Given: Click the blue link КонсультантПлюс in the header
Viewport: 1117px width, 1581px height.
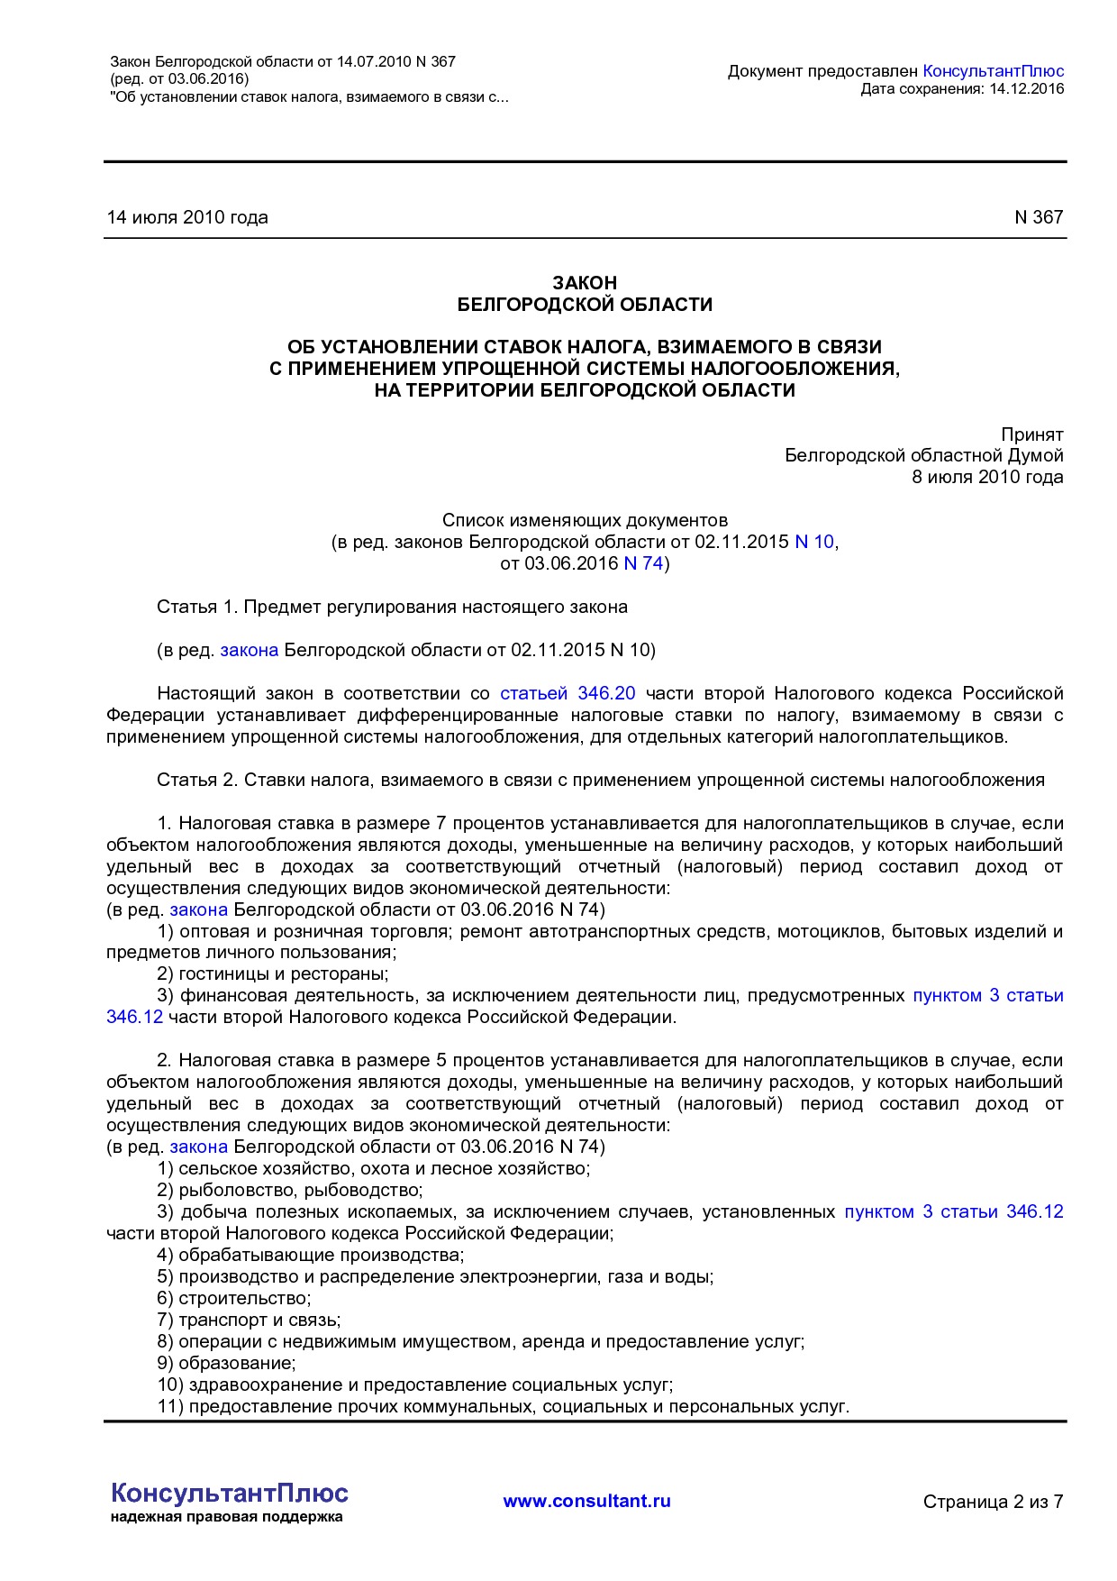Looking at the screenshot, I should point(994,71).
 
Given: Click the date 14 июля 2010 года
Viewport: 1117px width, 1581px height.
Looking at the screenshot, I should point(187,217).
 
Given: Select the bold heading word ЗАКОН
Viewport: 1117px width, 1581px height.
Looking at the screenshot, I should point(585,283).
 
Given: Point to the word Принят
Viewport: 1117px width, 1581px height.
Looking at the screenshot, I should point(1031,434).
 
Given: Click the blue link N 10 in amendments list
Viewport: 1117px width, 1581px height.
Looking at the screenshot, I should point(814,542).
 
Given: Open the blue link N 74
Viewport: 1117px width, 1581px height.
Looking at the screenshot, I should point(643,563).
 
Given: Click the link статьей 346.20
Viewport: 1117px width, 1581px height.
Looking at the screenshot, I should point(568,693).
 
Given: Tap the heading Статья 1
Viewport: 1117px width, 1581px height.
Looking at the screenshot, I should point(198,607).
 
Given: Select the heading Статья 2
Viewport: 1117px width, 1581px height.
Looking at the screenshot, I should point(198,780).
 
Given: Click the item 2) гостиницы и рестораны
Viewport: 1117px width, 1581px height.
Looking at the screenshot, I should point(273,974).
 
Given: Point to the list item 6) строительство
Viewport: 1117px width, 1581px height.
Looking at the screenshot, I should point(234,1298).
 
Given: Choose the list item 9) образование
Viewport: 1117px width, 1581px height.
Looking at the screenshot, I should point(226,1363).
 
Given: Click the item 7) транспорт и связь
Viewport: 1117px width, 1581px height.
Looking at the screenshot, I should point(249,1320).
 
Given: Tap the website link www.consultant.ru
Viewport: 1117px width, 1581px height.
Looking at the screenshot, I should point(586,1501).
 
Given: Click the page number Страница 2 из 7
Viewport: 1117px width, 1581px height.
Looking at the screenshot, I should point(993,1502).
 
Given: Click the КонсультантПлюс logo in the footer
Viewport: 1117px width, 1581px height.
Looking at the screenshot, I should point(229,1494).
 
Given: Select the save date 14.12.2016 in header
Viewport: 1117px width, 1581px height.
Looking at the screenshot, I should point(1026,88).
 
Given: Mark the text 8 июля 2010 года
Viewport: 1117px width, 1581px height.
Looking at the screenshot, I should point(987,477).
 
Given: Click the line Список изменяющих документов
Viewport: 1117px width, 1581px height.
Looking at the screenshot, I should point(585,520).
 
